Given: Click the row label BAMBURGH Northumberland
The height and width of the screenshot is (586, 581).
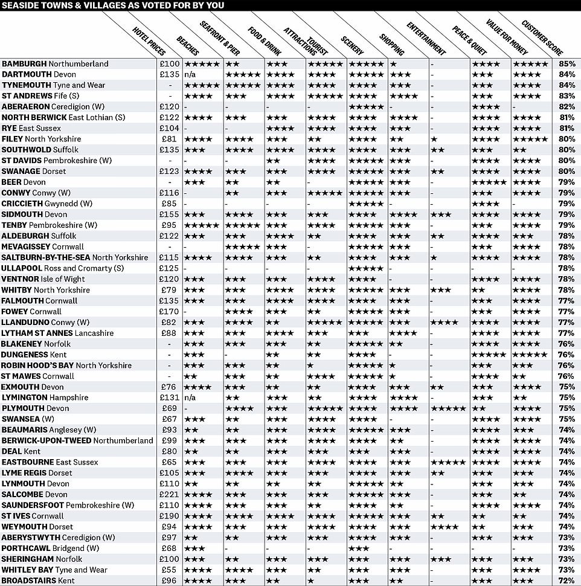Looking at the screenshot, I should click(55, 63).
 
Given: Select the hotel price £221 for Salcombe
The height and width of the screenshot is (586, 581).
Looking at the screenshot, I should click(170, 494).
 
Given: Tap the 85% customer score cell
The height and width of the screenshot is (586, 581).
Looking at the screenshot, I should click(567, 63).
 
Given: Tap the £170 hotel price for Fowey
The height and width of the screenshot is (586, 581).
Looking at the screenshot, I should click(170, 311).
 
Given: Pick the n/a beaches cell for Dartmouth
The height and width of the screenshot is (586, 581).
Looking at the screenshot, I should click(190, 74).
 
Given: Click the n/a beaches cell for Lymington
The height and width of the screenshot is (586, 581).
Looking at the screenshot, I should click(190, 398).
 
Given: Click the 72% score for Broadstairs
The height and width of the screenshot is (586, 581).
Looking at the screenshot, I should click(567, 581).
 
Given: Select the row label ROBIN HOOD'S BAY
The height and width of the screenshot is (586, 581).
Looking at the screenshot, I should click(66, 365).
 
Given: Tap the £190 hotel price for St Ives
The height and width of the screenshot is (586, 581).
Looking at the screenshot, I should click(170, 516).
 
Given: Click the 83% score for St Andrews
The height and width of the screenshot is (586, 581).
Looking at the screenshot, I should click(567, 95).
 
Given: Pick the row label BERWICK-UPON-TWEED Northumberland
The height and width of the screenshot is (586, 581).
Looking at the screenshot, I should click(77, 440).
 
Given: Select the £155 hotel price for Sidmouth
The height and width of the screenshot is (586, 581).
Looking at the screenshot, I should click(170, 214).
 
